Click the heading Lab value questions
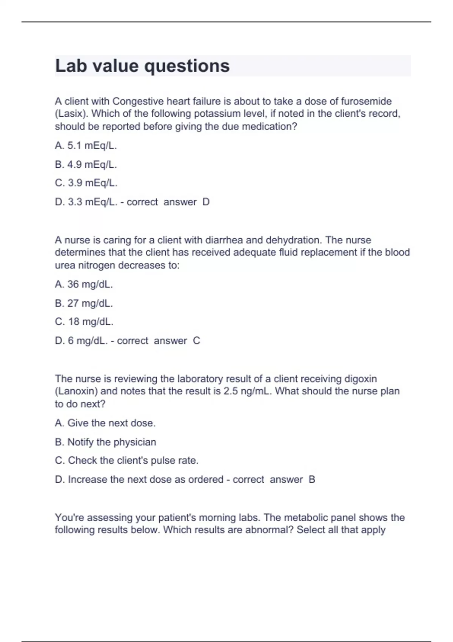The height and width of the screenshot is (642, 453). (x=142, y=66)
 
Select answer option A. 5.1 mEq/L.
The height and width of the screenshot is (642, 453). (x=86, y=145)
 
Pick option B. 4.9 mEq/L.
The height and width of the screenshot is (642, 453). (x=86, y=164)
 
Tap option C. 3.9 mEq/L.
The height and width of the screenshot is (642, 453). (x=86, y=183)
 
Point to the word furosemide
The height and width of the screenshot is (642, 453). (x=366, y=101)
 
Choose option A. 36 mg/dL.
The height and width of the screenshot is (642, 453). (x=84, y=284)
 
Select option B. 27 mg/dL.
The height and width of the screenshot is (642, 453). (x=84, y=303)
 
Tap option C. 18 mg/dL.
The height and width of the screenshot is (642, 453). (x=84, y=321)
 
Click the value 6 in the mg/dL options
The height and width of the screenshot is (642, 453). (x=71, y=341)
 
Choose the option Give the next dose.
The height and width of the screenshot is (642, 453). (x=105, y=423)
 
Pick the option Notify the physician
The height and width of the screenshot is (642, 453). (x=105, y=442)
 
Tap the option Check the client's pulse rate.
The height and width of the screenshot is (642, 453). (x=126, y=460)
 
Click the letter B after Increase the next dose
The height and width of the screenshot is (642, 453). (x=312, y=480)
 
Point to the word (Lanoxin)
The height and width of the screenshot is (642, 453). (x=76, y=391)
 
